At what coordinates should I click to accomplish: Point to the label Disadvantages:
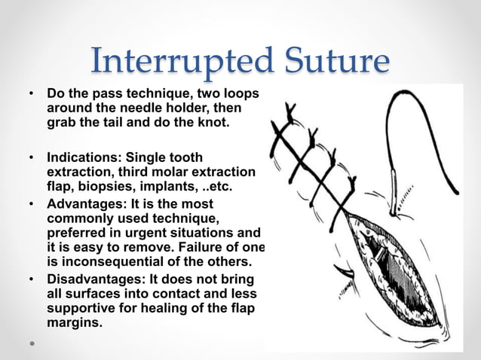[x=92, y=279]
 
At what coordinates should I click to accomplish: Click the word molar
[x=170, y=172]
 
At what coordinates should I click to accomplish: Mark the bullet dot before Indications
[x=32, y=158]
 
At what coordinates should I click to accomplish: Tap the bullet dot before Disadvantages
[x=32, y=279]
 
